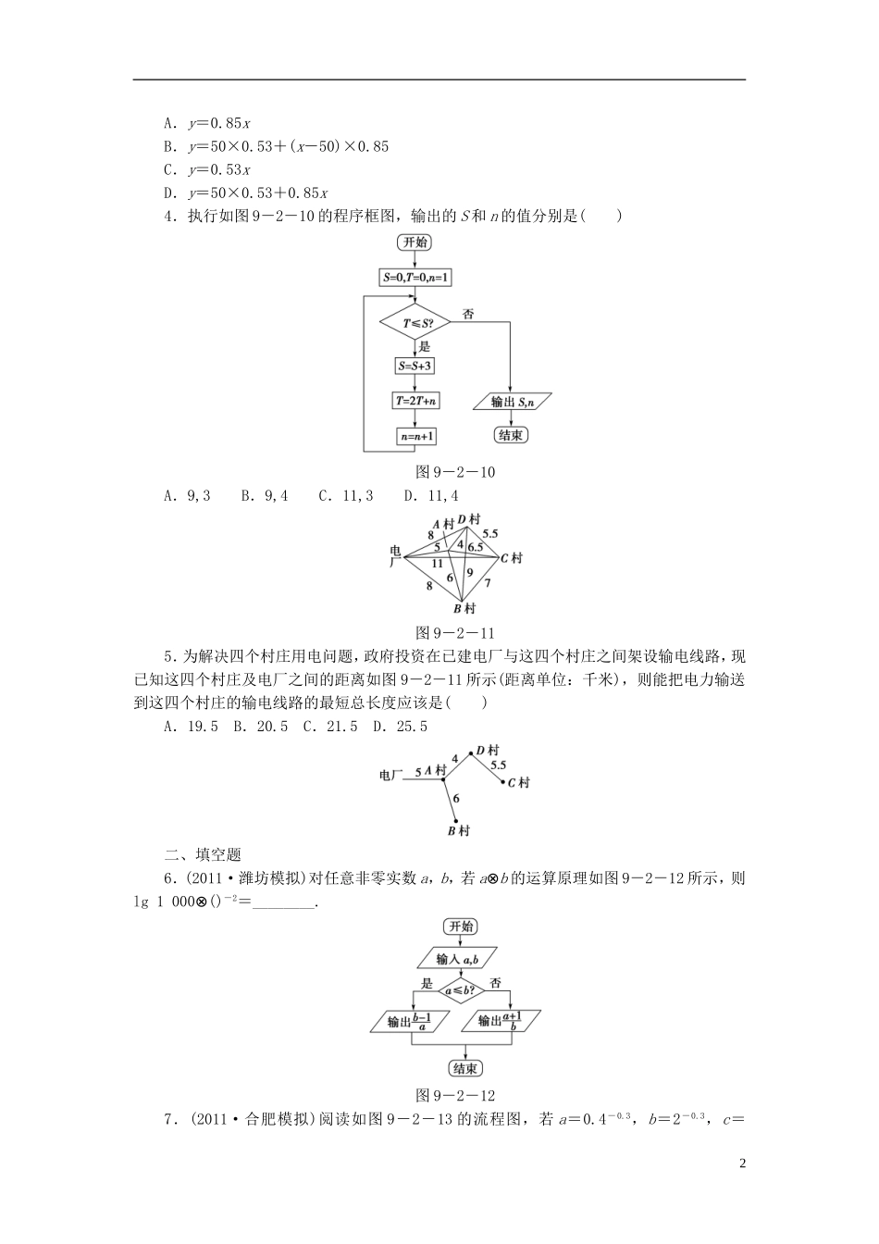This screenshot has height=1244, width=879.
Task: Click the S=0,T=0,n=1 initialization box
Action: [x=415, y=277]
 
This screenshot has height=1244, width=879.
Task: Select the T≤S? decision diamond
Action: [x=415, y=322]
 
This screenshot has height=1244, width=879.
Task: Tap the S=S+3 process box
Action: [x=415, y=366]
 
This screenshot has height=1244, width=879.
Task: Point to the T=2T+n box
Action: [x=415, y=401]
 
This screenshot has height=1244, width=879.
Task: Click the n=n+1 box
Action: [x=416, y=436]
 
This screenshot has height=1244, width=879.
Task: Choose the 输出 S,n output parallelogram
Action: [x=512, y=401]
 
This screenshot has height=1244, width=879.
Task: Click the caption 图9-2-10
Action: [x=456, y=472]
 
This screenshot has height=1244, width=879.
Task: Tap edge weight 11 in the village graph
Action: [x=437, y=563]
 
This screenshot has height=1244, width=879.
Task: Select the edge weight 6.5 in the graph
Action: [x=476, y=547]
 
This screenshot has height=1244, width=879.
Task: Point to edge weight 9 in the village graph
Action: [x=470, y=572]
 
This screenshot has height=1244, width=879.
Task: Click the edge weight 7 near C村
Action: [x=487, y=583]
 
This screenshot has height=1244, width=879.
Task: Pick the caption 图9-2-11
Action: [x=456, y=633]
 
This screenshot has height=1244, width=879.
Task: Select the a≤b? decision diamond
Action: [x=458, y=989]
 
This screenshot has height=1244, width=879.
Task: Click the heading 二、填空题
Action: [x=202, y=854]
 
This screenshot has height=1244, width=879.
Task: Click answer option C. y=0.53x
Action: [x=207, y=169]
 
